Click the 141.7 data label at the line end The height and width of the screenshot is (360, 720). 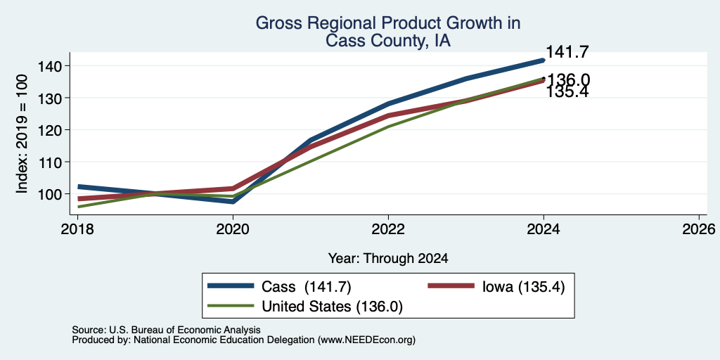(x=567, y=52)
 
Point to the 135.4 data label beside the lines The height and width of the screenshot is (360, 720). (x=567, y=92)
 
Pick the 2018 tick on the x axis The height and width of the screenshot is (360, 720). (x=77, y=229)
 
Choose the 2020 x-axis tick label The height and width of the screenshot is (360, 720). (x=233, y=229)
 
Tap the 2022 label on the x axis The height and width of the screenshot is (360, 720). (x=388, y=229)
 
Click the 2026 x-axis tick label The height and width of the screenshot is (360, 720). (x=699, y=229)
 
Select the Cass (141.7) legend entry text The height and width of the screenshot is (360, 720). (x=307, y=287)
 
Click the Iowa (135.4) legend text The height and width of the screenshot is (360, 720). (x=523, y=287)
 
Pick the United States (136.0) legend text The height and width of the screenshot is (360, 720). (x=332, y=307)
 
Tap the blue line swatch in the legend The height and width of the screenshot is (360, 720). (x=231, y=286)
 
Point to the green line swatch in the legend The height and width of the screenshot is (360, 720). (x=231, y=306)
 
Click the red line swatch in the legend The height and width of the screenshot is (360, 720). (x=451, y=286)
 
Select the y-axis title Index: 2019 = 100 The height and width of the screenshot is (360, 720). (x=22, y=134)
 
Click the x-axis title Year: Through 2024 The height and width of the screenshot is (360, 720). (x=388, y=259)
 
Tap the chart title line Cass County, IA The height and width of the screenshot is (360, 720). (x=388, y=41)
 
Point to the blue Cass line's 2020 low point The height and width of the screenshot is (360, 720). (x=233, y=202)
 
